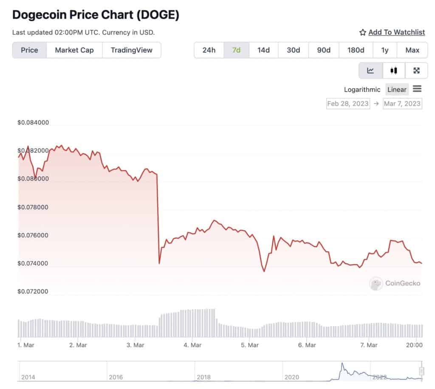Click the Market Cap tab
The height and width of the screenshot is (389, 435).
(74, 50)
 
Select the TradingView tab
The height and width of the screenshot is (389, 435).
(131, 50)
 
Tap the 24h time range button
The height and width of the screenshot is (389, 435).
(209, 50)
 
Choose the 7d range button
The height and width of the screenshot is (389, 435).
(237, 50)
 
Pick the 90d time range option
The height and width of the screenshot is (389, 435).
(324, 50)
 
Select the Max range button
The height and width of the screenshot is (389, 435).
(412, 50)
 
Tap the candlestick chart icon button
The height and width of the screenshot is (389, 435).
(394, 70)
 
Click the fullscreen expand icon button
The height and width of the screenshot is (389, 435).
(416, 70)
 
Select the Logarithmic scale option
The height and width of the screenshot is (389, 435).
(362, 90)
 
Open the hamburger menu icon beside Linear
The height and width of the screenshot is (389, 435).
(417, 89)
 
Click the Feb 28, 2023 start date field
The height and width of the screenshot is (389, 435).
(348, 104)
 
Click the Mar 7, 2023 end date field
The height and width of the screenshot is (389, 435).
(402, 104)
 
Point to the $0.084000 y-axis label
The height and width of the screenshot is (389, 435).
(33, 123)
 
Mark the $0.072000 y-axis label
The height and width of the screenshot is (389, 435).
(33, 292)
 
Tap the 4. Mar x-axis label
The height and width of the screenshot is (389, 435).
(192, 345)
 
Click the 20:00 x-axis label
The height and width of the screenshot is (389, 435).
(414, 345)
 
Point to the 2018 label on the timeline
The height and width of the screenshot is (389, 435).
(203, 377)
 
